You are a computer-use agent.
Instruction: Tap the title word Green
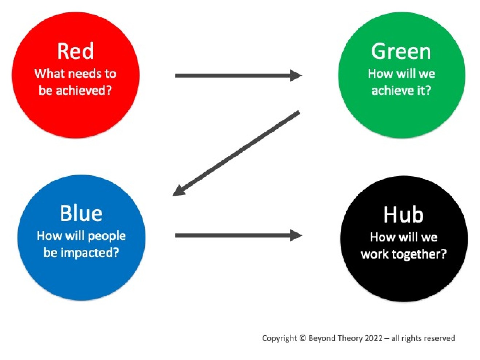click(x=401, y=51)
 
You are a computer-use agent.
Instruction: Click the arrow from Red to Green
click(x=238, y=76)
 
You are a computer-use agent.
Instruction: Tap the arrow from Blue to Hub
click(x=238, y=235)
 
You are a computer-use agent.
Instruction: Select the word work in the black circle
click(x=375, y=254)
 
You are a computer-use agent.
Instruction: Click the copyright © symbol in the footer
click(x=303, y=338)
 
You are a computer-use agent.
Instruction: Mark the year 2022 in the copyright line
click(x=373, y=338)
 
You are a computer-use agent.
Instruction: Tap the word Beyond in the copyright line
click(x=322, y=338)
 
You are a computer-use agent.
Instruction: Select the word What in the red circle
click(x=49, y=73)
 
